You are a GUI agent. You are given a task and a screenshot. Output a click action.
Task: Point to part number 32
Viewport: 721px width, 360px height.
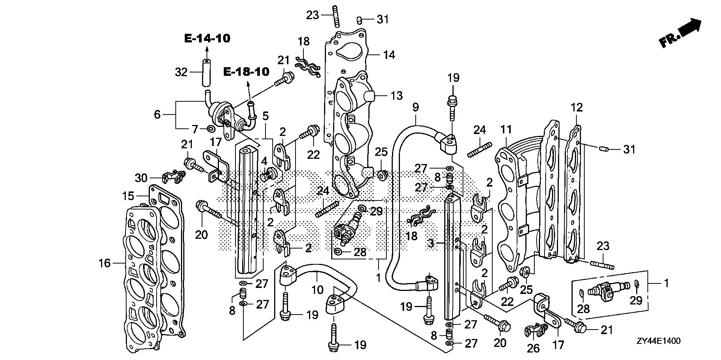181,72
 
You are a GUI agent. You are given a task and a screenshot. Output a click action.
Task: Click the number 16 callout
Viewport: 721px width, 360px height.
105,263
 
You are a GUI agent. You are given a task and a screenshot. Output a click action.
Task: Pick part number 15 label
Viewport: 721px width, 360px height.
128,196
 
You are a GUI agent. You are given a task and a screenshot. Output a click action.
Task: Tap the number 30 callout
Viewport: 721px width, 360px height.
141,178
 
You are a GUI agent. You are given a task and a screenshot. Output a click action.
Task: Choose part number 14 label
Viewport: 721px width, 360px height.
389,55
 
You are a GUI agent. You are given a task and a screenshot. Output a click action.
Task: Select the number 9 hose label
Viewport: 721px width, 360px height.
415,108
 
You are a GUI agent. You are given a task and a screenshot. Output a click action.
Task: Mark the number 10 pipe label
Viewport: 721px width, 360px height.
318,290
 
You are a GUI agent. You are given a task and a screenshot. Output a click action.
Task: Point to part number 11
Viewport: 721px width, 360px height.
506,130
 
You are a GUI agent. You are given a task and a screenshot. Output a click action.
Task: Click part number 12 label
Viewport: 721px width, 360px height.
577,108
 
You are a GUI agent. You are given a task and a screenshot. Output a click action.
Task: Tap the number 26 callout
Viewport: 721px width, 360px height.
533,348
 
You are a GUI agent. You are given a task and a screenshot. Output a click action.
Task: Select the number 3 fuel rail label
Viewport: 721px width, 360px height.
431,244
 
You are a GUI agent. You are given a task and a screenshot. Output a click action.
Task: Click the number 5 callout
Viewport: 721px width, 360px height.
265,116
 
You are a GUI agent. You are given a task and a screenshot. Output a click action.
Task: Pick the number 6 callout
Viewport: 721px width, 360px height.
157,114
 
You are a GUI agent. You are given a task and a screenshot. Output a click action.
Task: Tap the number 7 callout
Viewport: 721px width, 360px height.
195,130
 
